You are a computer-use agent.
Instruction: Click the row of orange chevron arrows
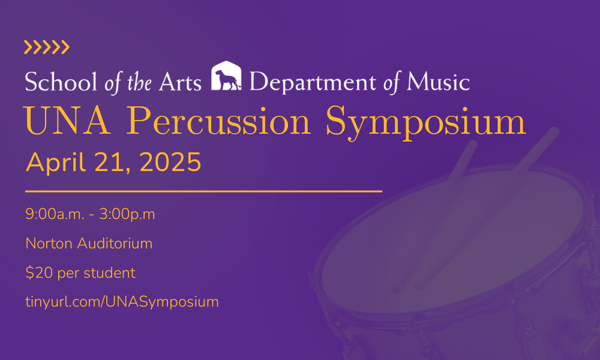tap(47, 47)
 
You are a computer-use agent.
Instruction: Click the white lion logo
tap(226, 76)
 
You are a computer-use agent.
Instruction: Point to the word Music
tap(437, 82)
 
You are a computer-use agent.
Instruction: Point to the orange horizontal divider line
tap(203, 191)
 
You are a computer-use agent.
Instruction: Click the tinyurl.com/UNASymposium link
tap(122, 302)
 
